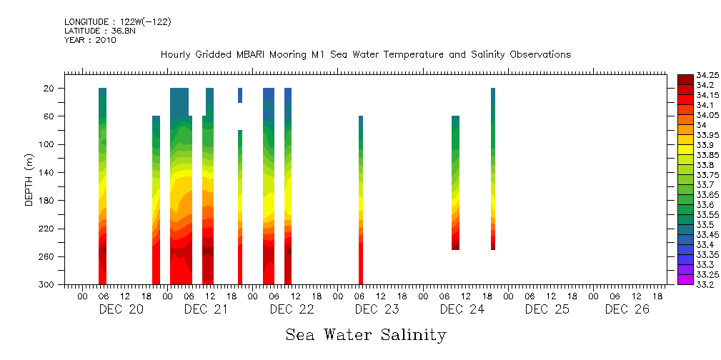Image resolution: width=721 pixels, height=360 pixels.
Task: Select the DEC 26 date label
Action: (x=627, y=309)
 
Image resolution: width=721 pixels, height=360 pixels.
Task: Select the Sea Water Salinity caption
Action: (x=366, y=335)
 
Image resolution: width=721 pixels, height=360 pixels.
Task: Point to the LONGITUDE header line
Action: (x=117, y=22)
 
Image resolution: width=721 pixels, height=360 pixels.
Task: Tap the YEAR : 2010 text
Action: (x=90, y=40)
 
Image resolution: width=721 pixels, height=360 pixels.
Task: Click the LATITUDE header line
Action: (x=95, y=31)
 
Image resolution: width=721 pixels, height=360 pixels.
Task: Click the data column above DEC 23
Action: (x=361, y=200)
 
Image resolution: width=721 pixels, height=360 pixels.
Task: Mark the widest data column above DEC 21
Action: (x=181, y=186)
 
